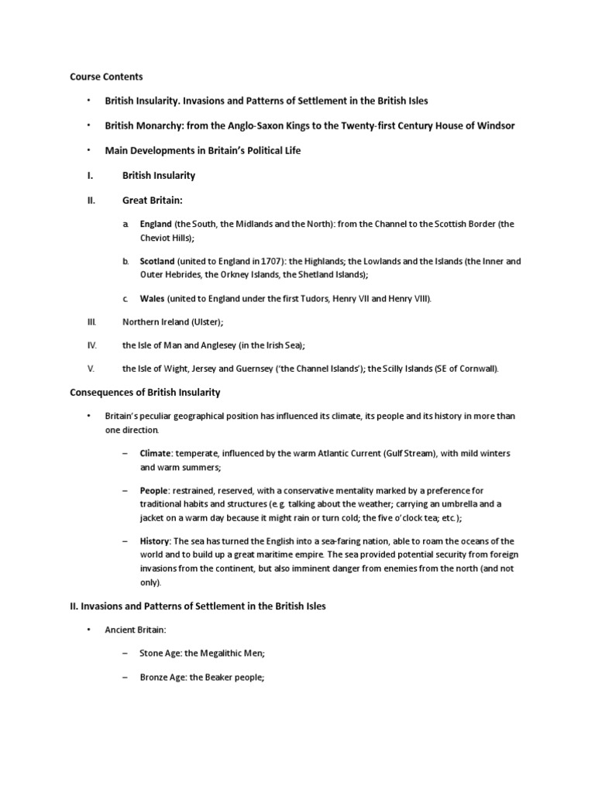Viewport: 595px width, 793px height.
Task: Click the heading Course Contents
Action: [x=106, y=77]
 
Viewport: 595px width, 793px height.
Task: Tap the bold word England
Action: [x=156, y=224]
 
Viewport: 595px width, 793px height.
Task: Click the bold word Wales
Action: [x=152, y=299]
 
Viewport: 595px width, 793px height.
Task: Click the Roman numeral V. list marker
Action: [x=90, y=368]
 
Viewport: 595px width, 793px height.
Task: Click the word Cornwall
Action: [x=480, y=368]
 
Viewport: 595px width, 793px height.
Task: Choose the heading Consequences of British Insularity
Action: [x=146, y=393]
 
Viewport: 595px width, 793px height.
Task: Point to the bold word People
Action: [x=153, y=491]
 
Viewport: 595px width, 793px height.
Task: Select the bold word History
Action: [x=154, y=541]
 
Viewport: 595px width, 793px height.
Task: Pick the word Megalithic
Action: [x=222, y=654]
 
